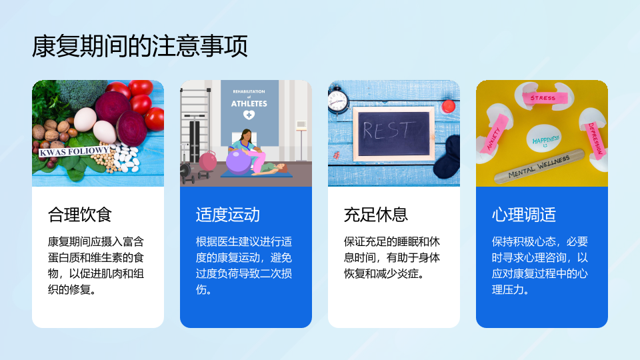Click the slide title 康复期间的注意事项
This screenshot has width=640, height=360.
point(139,46)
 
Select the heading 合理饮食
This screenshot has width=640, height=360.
point(79,215)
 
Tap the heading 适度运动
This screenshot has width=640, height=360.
point(228,215)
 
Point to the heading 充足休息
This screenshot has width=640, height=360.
point(375,215)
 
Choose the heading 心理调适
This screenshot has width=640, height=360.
point(524,215)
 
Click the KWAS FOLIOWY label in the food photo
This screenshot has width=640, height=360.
point(74,151)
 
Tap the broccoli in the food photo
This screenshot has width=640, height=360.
point(81,93)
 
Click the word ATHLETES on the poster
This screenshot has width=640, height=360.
point(249,104)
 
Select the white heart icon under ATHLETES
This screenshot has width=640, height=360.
point(249,115)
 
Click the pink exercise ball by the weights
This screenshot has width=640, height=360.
point(208,161)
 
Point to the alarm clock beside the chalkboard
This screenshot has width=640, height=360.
point(338,99)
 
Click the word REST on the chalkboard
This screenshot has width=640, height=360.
point(387,130)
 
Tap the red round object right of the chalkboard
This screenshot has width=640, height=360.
point(448,106)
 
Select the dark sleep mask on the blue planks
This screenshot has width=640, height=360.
point(447,157)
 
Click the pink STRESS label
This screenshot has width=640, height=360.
point(543,98)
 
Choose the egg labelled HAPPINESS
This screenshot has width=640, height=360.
point(544,139)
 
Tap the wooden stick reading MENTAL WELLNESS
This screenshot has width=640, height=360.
point(539,166)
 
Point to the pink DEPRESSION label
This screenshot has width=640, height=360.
point(595,139)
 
